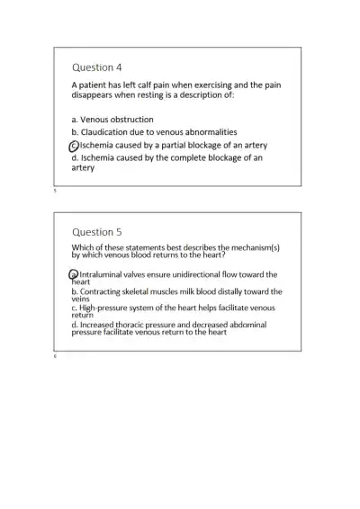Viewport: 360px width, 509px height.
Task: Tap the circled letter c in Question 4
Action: pyautogui.click(x=75, y=145)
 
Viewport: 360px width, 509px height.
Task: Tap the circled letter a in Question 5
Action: pyautogui.click(x=75, y=274)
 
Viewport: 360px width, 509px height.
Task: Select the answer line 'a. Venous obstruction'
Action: pyautogui.click(x=112, y=119)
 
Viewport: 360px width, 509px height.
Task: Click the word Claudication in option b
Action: pyautogui.click(x=109, y=131)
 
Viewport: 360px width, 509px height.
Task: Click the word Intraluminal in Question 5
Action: pyautogui.click(x=105, y=274)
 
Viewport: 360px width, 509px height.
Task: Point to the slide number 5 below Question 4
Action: pyautogui.click(x=55, y=191)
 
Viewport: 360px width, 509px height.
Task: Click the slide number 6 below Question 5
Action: pyautogui.click(x=55, y=356)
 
